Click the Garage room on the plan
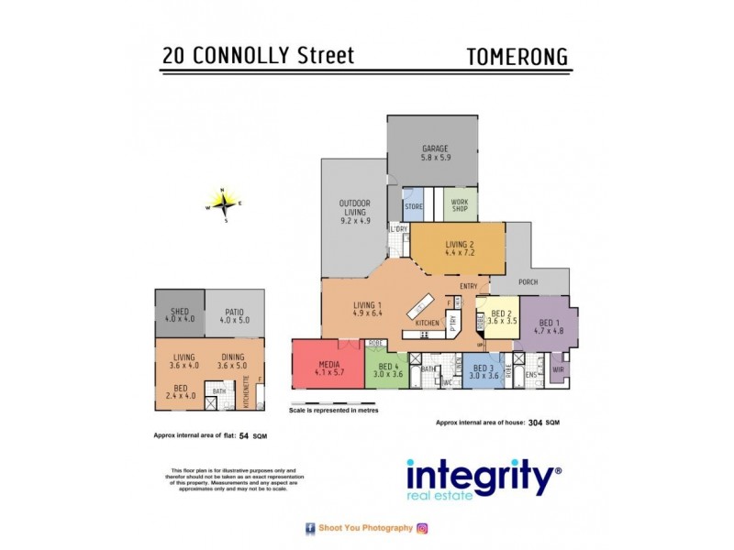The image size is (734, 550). [432, 152]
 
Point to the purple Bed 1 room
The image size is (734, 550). [547, 328]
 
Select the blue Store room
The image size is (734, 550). [414, 205]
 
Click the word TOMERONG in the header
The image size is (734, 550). [517, 55]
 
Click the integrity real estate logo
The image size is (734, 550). [483, 479]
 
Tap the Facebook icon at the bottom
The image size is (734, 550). [310, 528]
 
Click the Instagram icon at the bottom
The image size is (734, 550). [422, 528]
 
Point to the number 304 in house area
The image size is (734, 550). [535, 423]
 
